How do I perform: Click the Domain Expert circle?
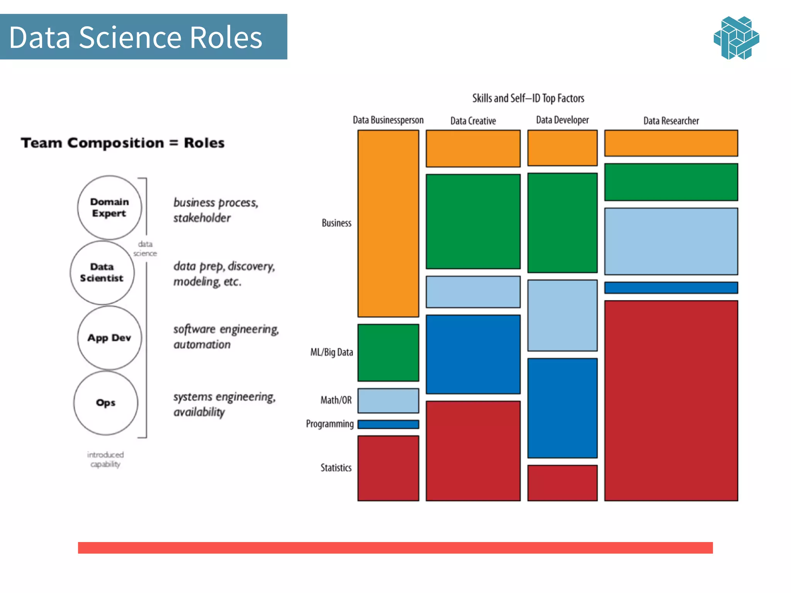tap(109, 208)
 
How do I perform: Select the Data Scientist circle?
tap(102, 273)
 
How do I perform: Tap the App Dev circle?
tap(109, 338)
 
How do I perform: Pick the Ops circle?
tap(105, 403)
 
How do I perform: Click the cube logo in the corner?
tap(736, 38)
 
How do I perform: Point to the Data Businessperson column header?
tap(388, 120)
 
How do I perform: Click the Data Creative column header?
tap(473, 121)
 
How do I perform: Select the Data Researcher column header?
tap(671, 121)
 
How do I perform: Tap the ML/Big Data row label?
tap(332, 352)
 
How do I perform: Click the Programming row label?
tap(329, 424)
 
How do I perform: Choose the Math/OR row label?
tap(336, 400)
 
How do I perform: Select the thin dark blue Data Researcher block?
tap(671, 288)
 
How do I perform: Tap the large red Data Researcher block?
tap(671, 400)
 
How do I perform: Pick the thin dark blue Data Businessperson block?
tap(388, 424)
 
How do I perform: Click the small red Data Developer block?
tap(562, 483)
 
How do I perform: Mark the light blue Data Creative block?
tap(473, 291)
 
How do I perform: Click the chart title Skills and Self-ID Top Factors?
tap(528, 98)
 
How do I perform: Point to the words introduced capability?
tap(105, 459)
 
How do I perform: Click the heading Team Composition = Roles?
tap(122, 143)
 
